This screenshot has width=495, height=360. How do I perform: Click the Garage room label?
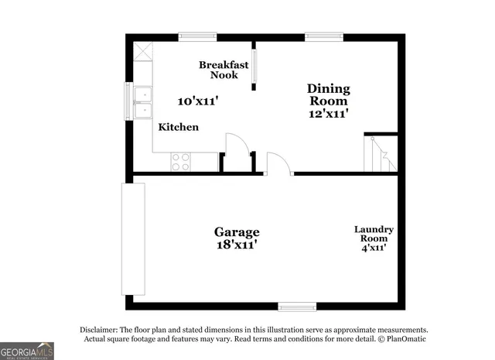(x=237, y=231)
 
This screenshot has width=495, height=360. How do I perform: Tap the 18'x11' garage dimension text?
(x=237, y=245)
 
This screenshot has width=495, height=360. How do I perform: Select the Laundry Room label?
(x=374, y=234)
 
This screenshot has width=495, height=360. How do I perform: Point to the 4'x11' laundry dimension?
(x=374, y=248)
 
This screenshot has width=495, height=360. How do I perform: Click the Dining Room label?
(x=329, y=94)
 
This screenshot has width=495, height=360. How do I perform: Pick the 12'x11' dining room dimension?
(x=329, y=113)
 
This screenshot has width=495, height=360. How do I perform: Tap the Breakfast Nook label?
(x=224, y=70)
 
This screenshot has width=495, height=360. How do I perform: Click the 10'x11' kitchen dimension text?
(x=198, y=101)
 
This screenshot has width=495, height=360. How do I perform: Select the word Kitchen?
(x=179, y=127)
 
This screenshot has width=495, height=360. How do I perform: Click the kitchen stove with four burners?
(x=181, y=162)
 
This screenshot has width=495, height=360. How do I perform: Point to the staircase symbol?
(x=381, y=154)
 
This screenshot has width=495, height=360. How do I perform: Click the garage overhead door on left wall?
(x=133, y=238)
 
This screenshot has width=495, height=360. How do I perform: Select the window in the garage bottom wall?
(x=297, y=306)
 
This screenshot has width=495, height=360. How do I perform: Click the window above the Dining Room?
(x=323, y=36)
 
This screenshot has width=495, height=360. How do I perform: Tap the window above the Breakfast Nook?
(x=197, y=36)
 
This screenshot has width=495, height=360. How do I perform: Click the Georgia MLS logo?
(x=27, y=350)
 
